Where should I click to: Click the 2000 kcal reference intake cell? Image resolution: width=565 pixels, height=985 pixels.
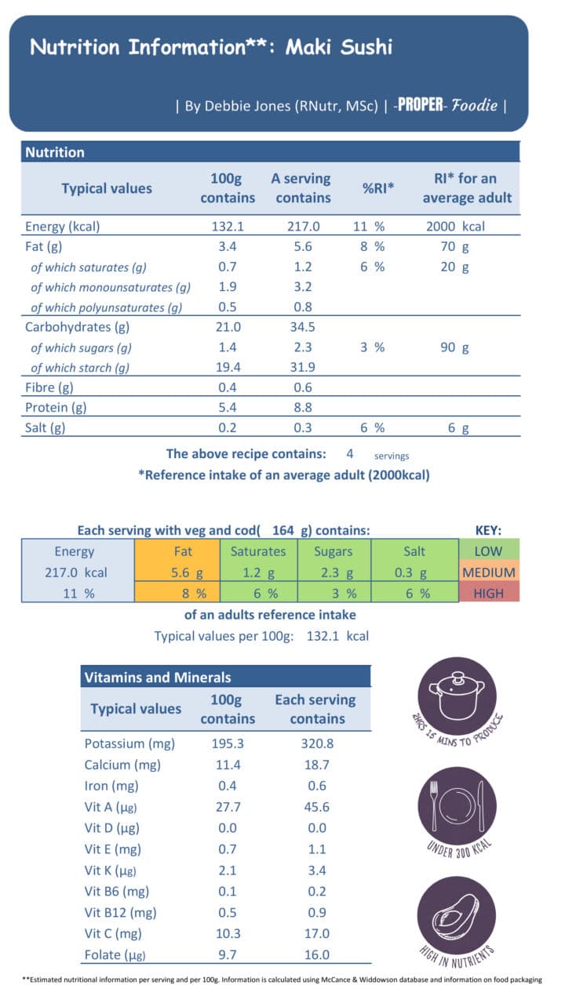tap(456, 227)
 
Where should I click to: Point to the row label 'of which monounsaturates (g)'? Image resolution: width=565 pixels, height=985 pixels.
tap(111, 288)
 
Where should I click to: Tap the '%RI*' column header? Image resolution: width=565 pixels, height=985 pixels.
tap(378, 188)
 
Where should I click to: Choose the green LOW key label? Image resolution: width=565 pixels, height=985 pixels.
tap(488, 551)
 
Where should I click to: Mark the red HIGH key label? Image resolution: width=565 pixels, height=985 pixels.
tap(488, 593)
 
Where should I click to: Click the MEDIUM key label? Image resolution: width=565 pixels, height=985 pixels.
tap(488, 572)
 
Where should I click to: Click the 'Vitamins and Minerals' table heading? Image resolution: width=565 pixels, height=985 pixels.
tap(158, 677)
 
